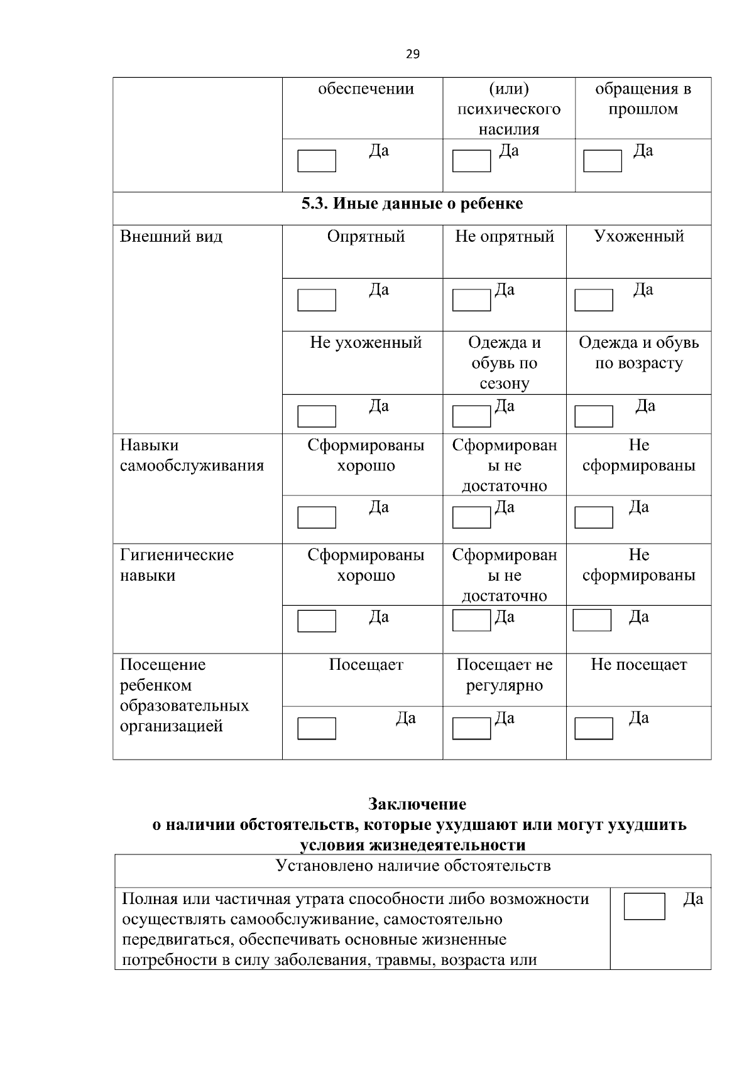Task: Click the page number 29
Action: click(x=412, y=55)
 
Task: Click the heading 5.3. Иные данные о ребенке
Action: click(x=412, y=204)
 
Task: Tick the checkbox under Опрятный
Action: click(x=317, y=300)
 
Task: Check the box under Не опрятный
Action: click(x=471, y=300)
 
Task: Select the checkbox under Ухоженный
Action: click(x=594, y=300)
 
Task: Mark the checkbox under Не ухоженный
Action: click(x=317, y=416)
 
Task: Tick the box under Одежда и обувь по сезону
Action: click(x=471, y=416)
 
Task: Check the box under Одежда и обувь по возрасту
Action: click(x=594, y=416)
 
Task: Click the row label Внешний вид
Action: click(x=171, y=237)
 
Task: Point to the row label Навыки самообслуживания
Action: click(x=192, y=456)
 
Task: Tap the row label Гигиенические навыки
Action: click(x=177, y=565)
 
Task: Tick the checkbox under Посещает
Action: click(x=317, y=729)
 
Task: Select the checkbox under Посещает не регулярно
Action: click(x=471, y=729)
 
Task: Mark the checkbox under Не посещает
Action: click(x=594, y=729)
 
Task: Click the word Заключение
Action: click(x=417, y=804)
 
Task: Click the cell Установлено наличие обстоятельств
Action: click(x=413, y=866)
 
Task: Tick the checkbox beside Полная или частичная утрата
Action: click(x=644, y=907)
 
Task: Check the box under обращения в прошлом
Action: click(x=603, y=161)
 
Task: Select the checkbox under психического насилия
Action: click(x=471, y=161)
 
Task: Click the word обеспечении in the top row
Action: click(x=366, y=89)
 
